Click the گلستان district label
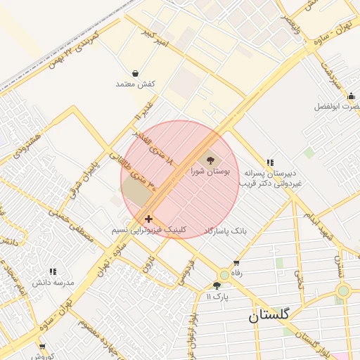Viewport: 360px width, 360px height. pyautogui.click(x=268, y=316)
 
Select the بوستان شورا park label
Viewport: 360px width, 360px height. pyautogui.click(x=210, y=171)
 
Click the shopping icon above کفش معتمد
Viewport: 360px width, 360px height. pyautogui.click(x=135, y=73)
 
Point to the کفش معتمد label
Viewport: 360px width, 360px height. pyautogui.click(x=135, y=84)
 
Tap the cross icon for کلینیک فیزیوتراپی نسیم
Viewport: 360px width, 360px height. pyautogui.click(x=148, y=219)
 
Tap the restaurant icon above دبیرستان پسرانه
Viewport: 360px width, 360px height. pyautogui.click(x=270, y=162)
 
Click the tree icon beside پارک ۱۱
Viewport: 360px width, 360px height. pyautogui.click(x=217, y=285)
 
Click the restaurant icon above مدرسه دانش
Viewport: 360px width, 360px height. pyautogui.click(x=53, y=271)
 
